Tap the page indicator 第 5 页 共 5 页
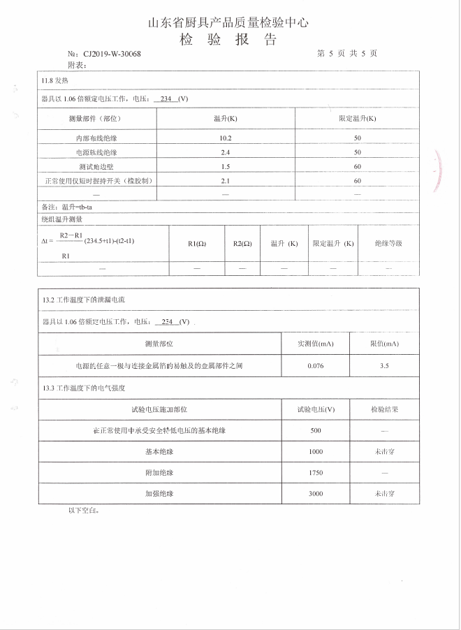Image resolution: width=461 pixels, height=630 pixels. (x=346, y=54)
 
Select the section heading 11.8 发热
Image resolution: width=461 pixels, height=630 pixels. (x=56, y=81)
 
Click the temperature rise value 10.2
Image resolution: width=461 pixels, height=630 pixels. (x=225, y=138)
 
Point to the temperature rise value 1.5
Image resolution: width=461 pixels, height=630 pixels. (x=225, y=166)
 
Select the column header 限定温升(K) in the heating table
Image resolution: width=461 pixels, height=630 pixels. (x=357, y=119)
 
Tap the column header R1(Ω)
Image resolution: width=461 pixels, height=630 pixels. (x=197, y=244)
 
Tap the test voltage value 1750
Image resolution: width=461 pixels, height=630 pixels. (x=315, y=473)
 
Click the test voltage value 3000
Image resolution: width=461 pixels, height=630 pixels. (x=315, y=493)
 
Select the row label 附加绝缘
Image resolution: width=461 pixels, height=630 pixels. (x=159, y=473)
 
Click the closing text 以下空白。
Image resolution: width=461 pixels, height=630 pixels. (x=84, y=511)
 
